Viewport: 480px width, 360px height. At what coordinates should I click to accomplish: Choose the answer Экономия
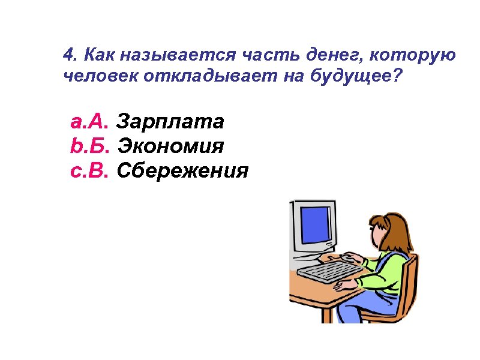coord(171,146)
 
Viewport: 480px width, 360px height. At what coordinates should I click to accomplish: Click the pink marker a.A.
coord(89,122)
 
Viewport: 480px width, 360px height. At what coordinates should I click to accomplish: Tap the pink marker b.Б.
coord(89,146)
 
